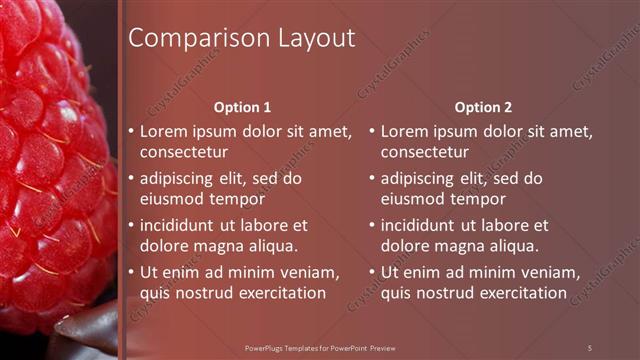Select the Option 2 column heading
pyautogui.click(x=482, y=107)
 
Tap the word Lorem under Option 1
pyautogui.click(x=164, y=131)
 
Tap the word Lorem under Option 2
pyautogui.click(x=405, y=131)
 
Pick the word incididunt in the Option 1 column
pyautogui.click(x=183, y=226)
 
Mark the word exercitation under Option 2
pyautogui.click(x=520, y=293)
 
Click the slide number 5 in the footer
pyautogui.click(x=590, y=347)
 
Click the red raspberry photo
pyautogui.click(x=50, y=150)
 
